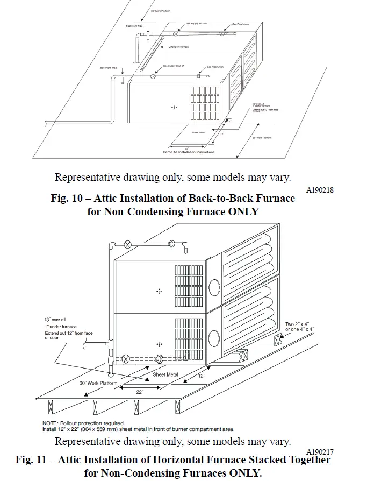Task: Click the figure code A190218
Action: point(320,190)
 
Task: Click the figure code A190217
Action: point(320,451)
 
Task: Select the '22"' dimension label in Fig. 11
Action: point(140,392)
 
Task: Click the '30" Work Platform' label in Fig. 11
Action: point(96,383)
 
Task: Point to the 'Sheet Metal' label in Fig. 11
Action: point(166,374)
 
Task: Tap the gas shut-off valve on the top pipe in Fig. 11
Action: point(127,244)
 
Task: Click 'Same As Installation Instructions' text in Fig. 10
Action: point(189,152)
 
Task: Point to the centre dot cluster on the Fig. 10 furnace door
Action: point(174,107)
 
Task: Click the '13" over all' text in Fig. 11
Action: point(55,320)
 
